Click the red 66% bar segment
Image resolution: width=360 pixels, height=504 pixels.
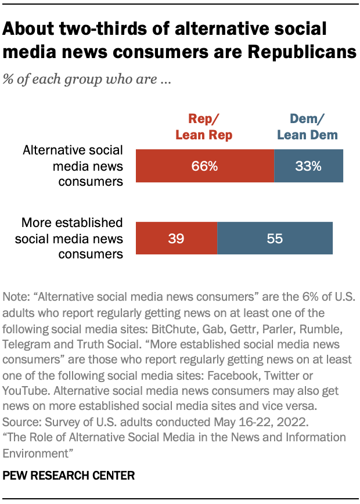(204, 166)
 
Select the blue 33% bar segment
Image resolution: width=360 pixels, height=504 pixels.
(308, 166)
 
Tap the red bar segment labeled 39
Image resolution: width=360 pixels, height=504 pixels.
(176, 238)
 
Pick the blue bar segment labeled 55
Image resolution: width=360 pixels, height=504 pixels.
(275, 238)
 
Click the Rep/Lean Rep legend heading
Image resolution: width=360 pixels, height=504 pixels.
(204, 127)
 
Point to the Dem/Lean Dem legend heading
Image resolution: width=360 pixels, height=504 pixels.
(307, 127)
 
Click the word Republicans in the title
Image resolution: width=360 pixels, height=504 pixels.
(302, 52)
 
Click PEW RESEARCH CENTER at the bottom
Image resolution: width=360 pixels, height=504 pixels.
(69, 476)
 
